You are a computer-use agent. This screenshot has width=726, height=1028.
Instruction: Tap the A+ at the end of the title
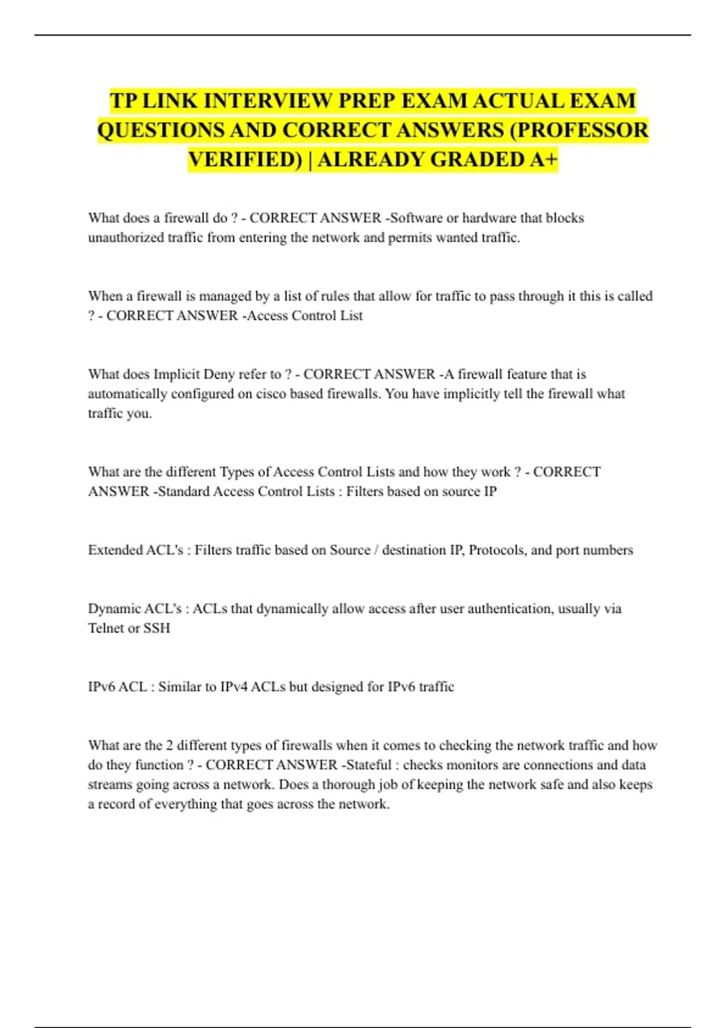[543, 160]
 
